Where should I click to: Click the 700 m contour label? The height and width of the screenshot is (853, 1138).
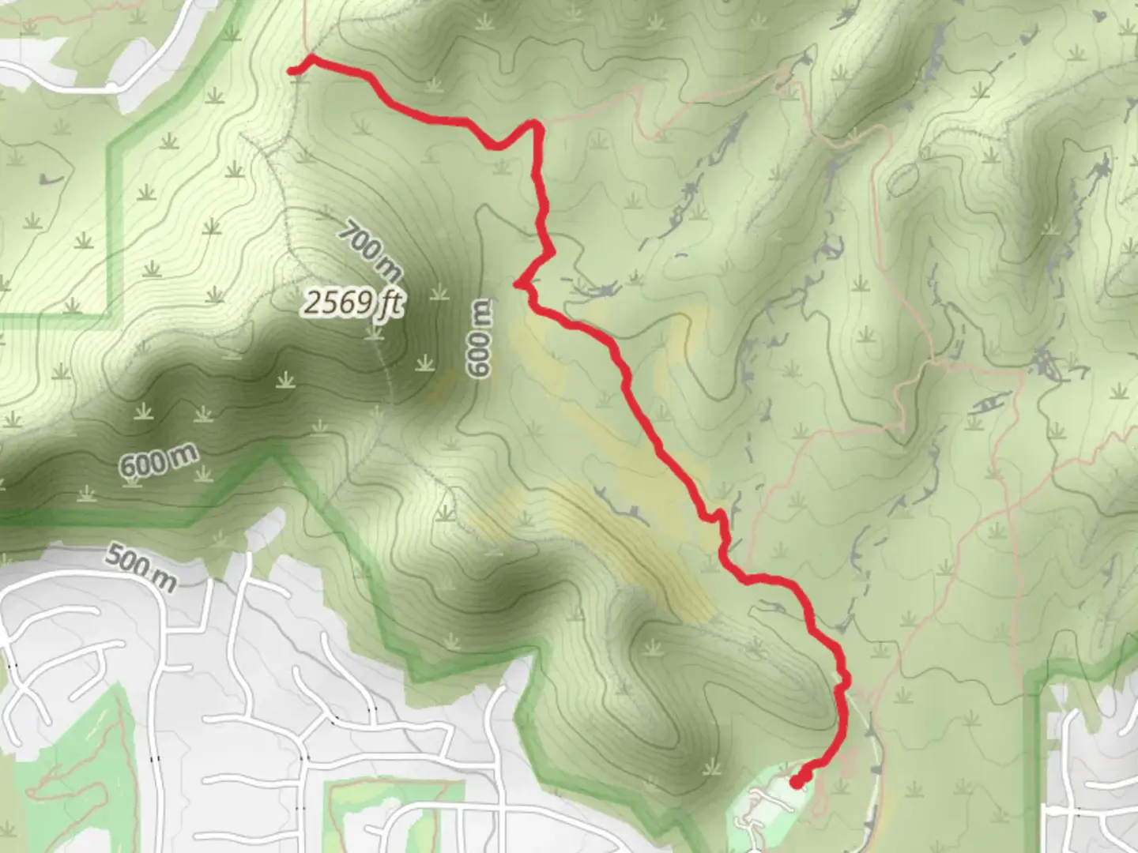(370, 251)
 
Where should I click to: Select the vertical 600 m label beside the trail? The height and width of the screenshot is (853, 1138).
(479, 338)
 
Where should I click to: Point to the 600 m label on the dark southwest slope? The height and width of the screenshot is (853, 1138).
(158, 460)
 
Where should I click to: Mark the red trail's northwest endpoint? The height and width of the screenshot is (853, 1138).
(291, 71)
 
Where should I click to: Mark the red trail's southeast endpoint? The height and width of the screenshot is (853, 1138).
(796, 782)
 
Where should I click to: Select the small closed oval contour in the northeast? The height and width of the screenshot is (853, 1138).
(904, 179)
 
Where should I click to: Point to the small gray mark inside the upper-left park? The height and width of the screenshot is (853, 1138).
(50, 179)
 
